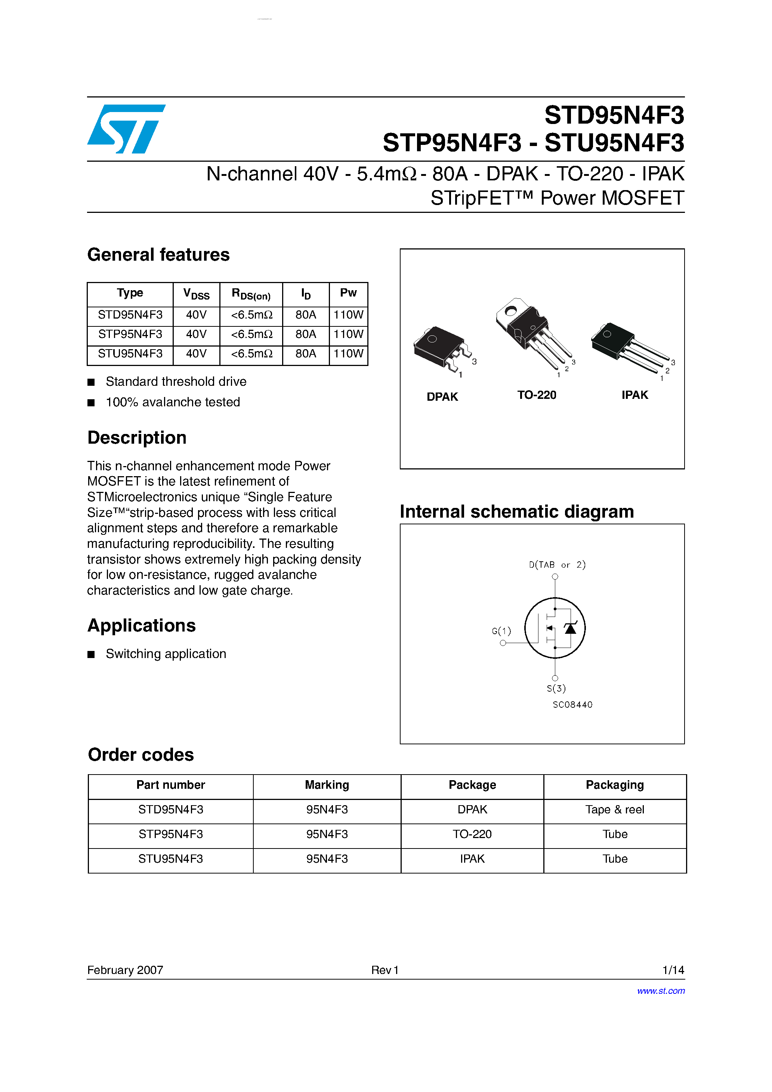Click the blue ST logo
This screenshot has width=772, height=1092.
pyautogui.click(x=126, y=128)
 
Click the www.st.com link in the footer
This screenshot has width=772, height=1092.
pyautogui.click(x=661, y=991)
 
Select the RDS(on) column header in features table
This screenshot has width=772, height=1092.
pyautogui.click(x=251, y=294)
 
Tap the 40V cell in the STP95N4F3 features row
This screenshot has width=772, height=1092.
pyautogui.click(x=196, y=334)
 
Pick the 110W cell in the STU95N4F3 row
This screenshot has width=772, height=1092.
pyautogui.click(x=348, y=354)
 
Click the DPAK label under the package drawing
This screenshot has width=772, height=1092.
pyautogui.click(x=442, y=397)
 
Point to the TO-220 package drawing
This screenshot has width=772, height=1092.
pyautogui.click(x=531, y=333)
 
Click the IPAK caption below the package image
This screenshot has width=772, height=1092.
pyautogui.click(x=634, y=395)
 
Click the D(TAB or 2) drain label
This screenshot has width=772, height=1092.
pyautogui.click(x=557, y=565)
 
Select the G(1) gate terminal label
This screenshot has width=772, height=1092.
pyautogui.click(x=501, y=631)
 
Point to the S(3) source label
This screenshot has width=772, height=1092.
pyautogui.click(x=556, y=688)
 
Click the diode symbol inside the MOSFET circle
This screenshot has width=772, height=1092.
pyautogui.click(x=570, y=628)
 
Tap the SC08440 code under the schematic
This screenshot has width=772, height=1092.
pyautogui.click(x=572, y=704)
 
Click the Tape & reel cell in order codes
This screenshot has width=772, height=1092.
pyautogui.click(x=614, y=810)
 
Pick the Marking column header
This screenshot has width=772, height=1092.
pyautogui.click(x=327, y=785)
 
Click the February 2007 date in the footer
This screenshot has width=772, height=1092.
pyautogui.click(x=125, y=970)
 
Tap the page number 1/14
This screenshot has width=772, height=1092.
pyautogui.click(x=673, y=970)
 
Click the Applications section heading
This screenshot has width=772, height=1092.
pyautogui.click(x=141, y=626)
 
